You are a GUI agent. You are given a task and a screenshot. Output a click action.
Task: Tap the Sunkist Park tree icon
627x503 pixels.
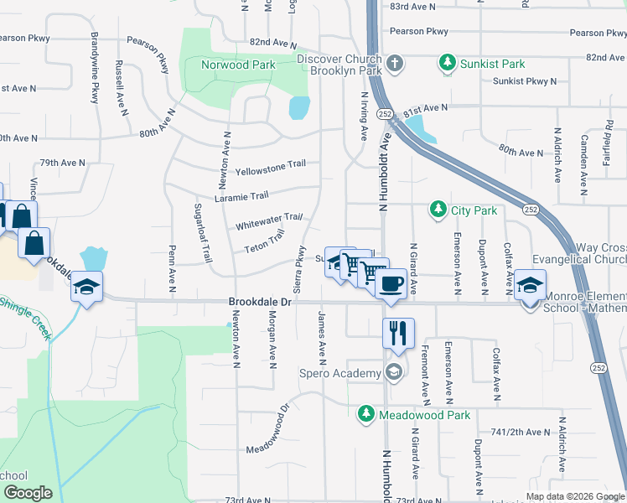point(448,63)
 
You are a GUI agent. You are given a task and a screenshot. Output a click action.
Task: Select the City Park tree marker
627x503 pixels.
point(437,210)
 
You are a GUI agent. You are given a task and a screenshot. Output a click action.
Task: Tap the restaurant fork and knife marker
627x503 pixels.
point(398,333)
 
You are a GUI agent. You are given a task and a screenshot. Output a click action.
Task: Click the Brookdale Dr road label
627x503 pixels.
point(260,301)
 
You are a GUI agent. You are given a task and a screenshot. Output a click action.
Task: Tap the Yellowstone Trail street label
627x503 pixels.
point(270,169)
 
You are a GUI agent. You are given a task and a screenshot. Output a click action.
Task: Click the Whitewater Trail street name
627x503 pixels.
point(268,221)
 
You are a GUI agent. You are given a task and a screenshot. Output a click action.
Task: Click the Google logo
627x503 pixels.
point(27,493)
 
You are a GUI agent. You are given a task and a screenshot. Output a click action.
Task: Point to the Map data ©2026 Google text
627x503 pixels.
point(574,496)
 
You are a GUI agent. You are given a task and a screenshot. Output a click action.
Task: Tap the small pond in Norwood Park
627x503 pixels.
point(299,107)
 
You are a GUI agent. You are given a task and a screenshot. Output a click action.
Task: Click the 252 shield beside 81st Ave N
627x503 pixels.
point(385,114)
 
